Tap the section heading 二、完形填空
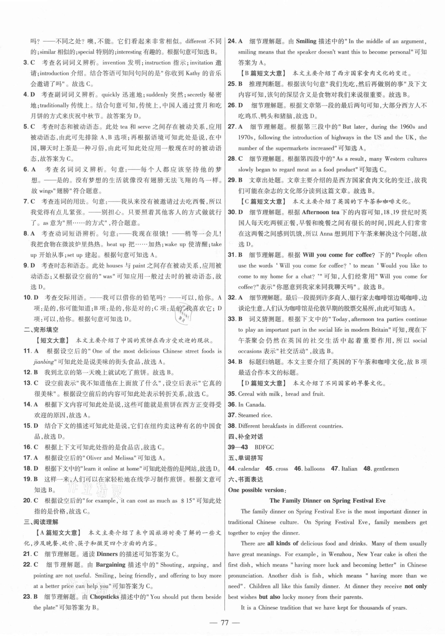pyautogui.click(x=41, y=330)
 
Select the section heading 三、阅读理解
pyautogui.click(x=41, y=522)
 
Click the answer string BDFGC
pyautogui.click(x=264, y=447)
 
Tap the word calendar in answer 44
pyautogui.click(x=249, y=469)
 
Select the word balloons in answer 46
pyautogui.click(x=315, y=469)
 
